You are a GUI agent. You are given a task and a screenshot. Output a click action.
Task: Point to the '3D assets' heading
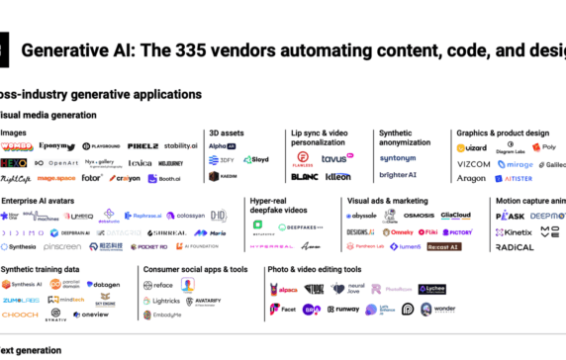[x=228, y=132]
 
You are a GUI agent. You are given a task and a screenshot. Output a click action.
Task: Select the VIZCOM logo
[x=473, y=164]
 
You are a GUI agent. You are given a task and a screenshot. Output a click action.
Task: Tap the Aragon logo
[x=471, y=179]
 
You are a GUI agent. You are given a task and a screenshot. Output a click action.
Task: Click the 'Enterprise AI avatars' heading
[x=40, y=201]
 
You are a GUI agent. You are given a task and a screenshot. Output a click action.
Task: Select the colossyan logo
[x=186, y=216]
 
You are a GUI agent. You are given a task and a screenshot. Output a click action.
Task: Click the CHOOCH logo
[x=21, y=315]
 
